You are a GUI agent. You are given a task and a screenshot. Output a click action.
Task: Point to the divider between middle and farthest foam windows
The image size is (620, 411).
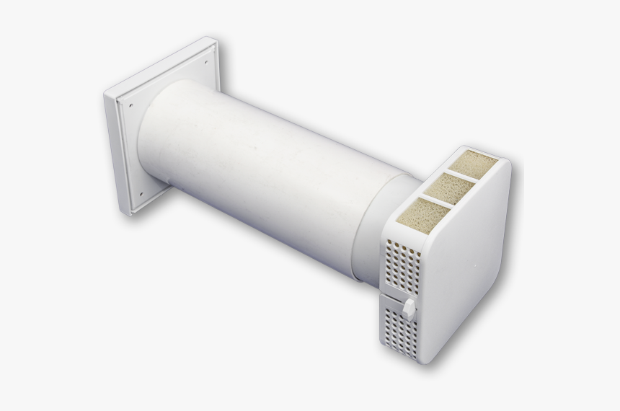pyautogui.click(x=462, y=176)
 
